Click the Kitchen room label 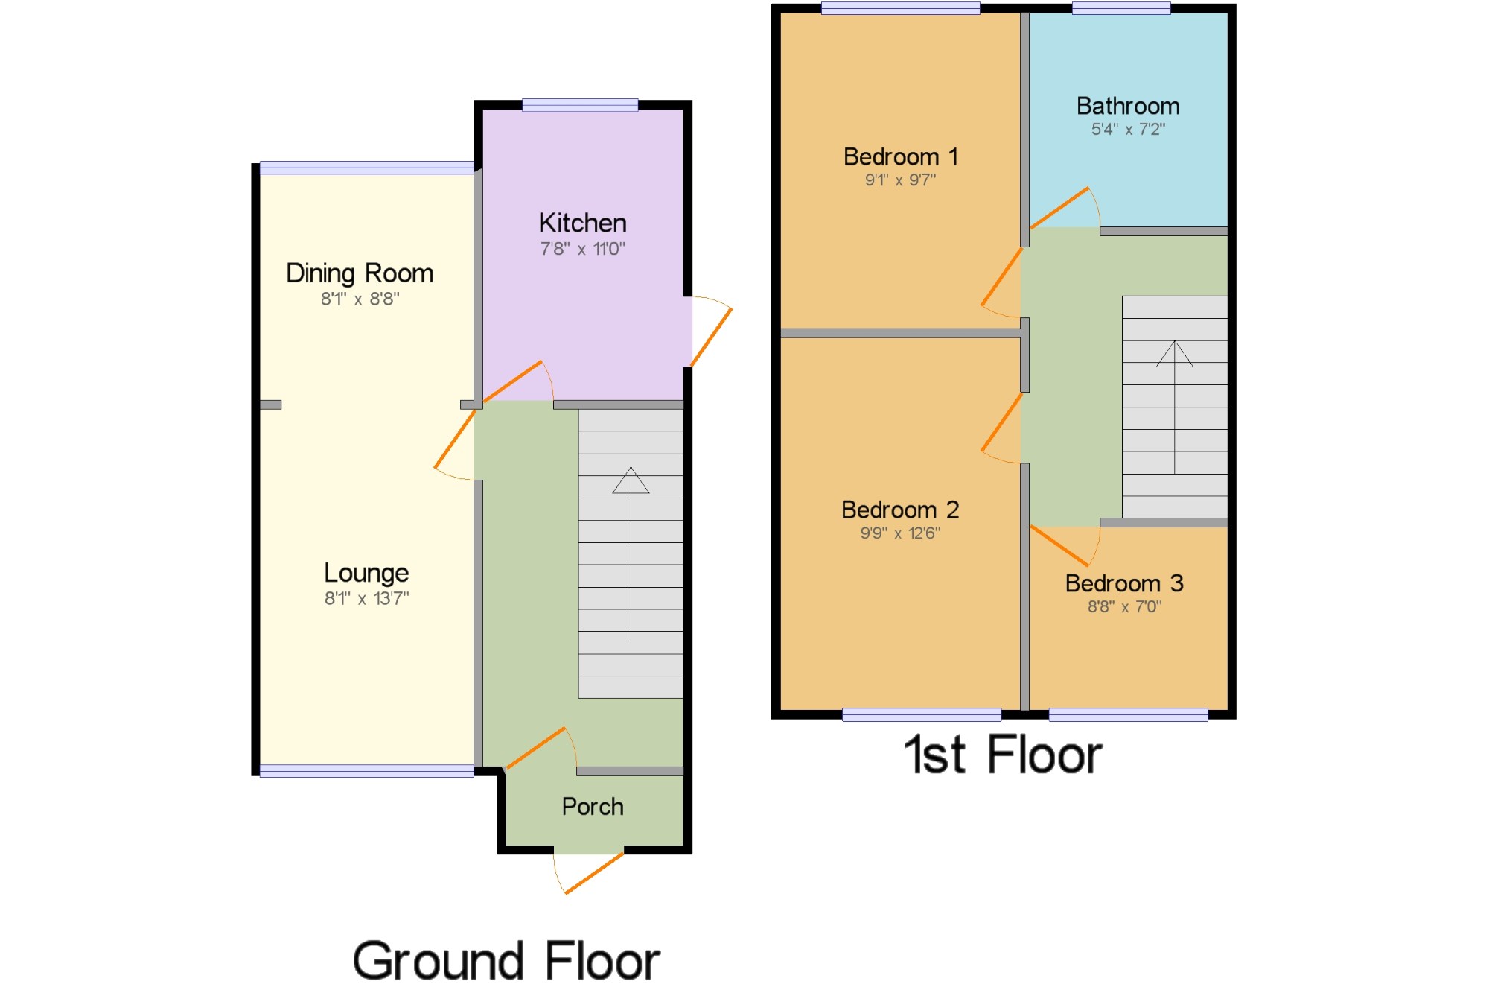(x=582, y=223)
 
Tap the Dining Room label (x=360, y=273)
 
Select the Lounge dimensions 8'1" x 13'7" (x=366, y=598)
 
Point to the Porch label (x=593, y=806)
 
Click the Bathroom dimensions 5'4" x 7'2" (x=1128, y=129)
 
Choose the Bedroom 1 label (x=900, y=156)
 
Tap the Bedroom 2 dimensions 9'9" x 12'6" (x=900, y=533)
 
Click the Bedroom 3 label (x=1124, y=583)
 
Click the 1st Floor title (x=1002, y=755)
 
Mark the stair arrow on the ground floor (x=631, y=553)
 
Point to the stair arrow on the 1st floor (x=1175, y=407)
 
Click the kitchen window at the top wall (x=580, y=105)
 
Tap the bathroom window (x=1121, y=8)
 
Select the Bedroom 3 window (x=1128, y=715)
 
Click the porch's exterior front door (x=588, y=872)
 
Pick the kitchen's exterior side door (x=712, y=331)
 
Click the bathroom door (x=1065, y=208)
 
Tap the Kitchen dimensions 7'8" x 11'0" (x=582, y=249)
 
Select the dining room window (x=366, y=168)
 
